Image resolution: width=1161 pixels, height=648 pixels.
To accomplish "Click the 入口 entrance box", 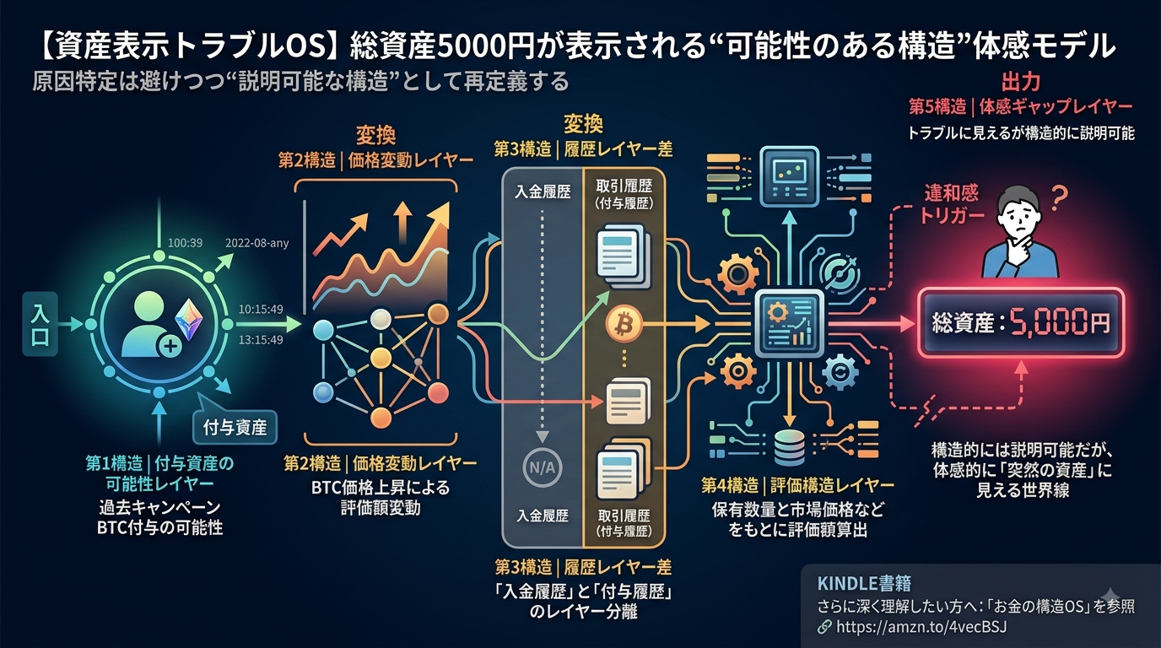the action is [40, 325].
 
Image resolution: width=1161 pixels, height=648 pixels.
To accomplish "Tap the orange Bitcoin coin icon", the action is [624, 325].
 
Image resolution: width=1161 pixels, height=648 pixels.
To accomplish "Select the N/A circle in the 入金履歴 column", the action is [543, 468].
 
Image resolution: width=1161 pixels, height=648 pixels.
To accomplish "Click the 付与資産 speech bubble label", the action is [235, 428].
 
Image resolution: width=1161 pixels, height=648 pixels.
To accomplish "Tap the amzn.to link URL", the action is [921, 627].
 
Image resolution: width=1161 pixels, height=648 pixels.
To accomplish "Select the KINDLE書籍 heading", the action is [864, 583].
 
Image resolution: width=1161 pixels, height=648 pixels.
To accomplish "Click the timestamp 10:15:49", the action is [261, 310].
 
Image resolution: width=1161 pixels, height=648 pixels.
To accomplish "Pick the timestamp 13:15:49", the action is [261, 340].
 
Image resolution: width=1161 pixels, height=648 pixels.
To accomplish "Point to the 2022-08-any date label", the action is [257, 243].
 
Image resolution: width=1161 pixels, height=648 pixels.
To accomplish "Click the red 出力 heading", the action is [1021, 83].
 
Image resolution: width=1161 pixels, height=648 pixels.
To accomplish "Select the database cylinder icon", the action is [790, 448].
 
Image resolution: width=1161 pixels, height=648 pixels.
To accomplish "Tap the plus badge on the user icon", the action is [170, 346].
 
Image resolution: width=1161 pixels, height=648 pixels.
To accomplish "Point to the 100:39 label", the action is [185, 243].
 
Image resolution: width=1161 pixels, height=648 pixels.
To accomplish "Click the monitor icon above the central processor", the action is [790, 177].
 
